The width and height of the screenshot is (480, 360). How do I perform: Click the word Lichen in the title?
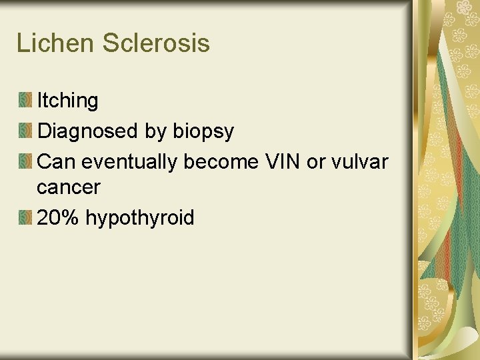click(55, 43)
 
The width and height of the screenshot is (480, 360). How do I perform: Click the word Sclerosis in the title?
click(156, 43)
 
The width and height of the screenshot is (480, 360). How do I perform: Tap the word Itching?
click(67, 101)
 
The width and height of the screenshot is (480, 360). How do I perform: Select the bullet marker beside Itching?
click(25, 101)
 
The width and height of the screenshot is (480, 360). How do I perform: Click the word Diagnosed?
click(88, 131)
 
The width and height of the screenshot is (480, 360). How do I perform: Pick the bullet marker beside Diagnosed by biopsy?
click(25, 131)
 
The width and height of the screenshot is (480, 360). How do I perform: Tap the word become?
click(223, 161)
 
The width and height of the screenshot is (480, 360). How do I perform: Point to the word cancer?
click(68, 188)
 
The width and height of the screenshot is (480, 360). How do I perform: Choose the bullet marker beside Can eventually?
click(25, 161)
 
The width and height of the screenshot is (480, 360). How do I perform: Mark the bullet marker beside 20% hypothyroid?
click(25, 218)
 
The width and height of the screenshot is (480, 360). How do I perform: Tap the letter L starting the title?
click(21, 43)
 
